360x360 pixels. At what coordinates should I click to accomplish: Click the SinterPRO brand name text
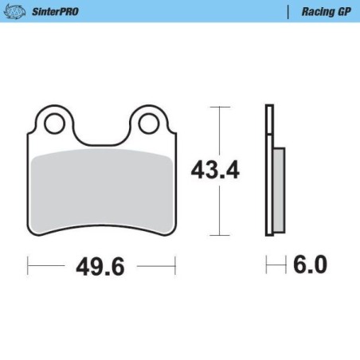click(x=57, y=13)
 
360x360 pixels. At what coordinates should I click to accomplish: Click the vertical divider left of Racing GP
click(x=287, y=13)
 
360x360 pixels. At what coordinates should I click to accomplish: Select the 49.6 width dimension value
click(x=100, y=267)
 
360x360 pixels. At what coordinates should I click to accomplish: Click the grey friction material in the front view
click(x=101, y=191)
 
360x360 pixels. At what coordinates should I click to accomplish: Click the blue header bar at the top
click(x=180, y=2)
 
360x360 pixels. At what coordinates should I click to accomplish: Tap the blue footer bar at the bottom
click(x=180, y=357)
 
